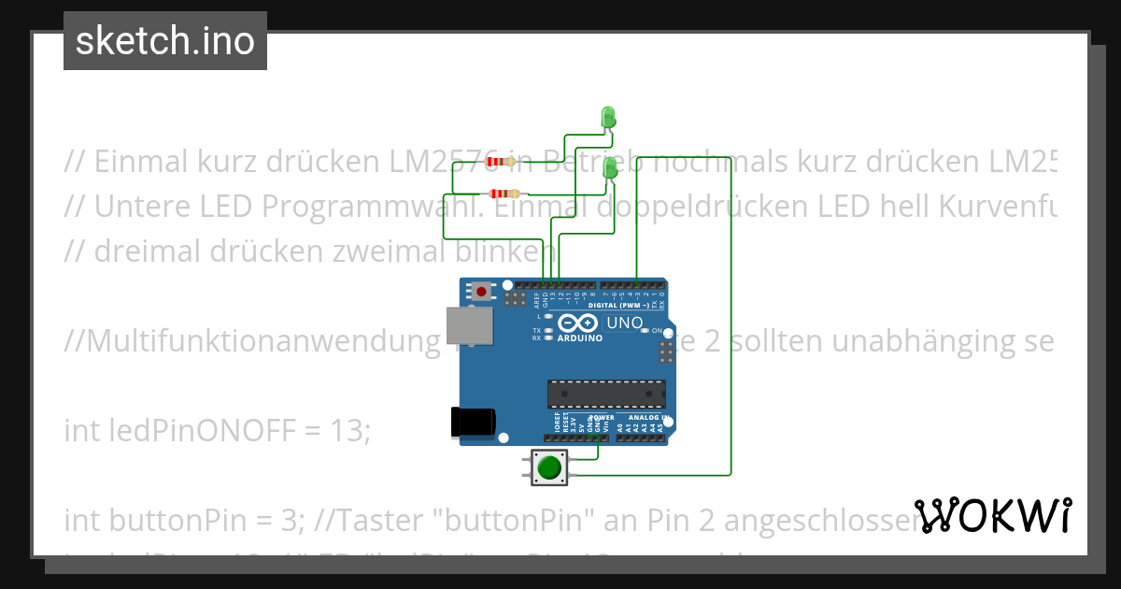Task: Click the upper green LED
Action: [608, 118]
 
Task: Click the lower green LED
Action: [611, 169]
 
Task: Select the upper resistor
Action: [501, 161]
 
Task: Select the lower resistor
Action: [503, 194]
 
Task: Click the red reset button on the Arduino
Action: [481, 292]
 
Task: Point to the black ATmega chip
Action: [606, 395]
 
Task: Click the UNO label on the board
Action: [625, 323]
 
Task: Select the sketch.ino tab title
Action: [165, 41]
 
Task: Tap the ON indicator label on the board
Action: [657, 331]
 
